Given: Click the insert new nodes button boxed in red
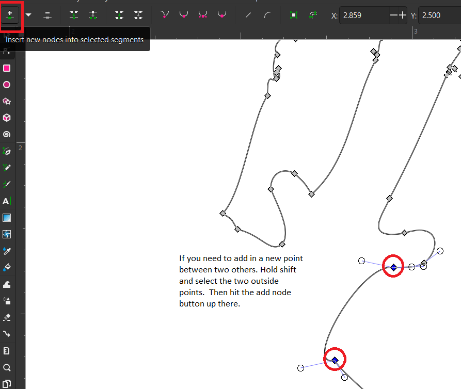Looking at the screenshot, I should (10, 15).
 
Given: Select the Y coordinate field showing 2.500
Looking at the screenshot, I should (439, 15).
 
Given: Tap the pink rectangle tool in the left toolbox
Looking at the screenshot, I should (7, 68).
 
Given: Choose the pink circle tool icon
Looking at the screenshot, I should (7, 85).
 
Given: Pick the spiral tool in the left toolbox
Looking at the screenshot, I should (7, 134).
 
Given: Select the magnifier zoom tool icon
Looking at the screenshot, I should (7, 367).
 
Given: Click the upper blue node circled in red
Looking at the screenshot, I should (393, 267).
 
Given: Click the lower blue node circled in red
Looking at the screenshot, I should (335, 360).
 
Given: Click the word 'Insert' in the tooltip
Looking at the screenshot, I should (15, 40).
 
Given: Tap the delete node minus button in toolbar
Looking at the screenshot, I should (47, 15).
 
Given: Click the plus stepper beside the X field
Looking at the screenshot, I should (403, 15).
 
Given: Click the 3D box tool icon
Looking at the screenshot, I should (7, 118).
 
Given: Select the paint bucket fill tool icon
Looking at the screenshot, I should (7, 267).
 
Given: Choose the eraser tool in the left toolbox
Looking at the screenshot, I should (7, 317).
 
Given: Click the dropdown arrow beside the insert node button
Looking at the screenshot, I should (28, 15).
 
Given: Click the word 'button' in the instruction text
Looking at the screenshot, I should (192, 304).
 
